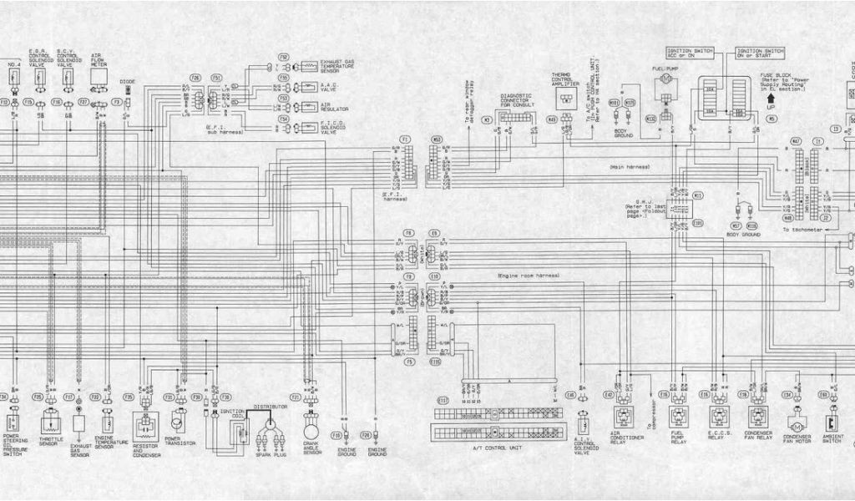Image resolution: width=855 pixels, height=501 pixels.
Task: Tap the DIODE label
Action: [127, 82]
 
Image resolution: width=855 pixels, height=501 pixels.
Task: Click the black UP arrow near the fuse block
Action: [770, 98]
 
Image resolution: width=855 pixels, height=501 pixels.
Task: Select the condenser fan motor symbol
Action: [787, 417]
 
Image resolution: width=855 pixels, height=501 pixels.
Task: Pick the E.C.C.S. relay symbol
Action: [718, 415]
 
